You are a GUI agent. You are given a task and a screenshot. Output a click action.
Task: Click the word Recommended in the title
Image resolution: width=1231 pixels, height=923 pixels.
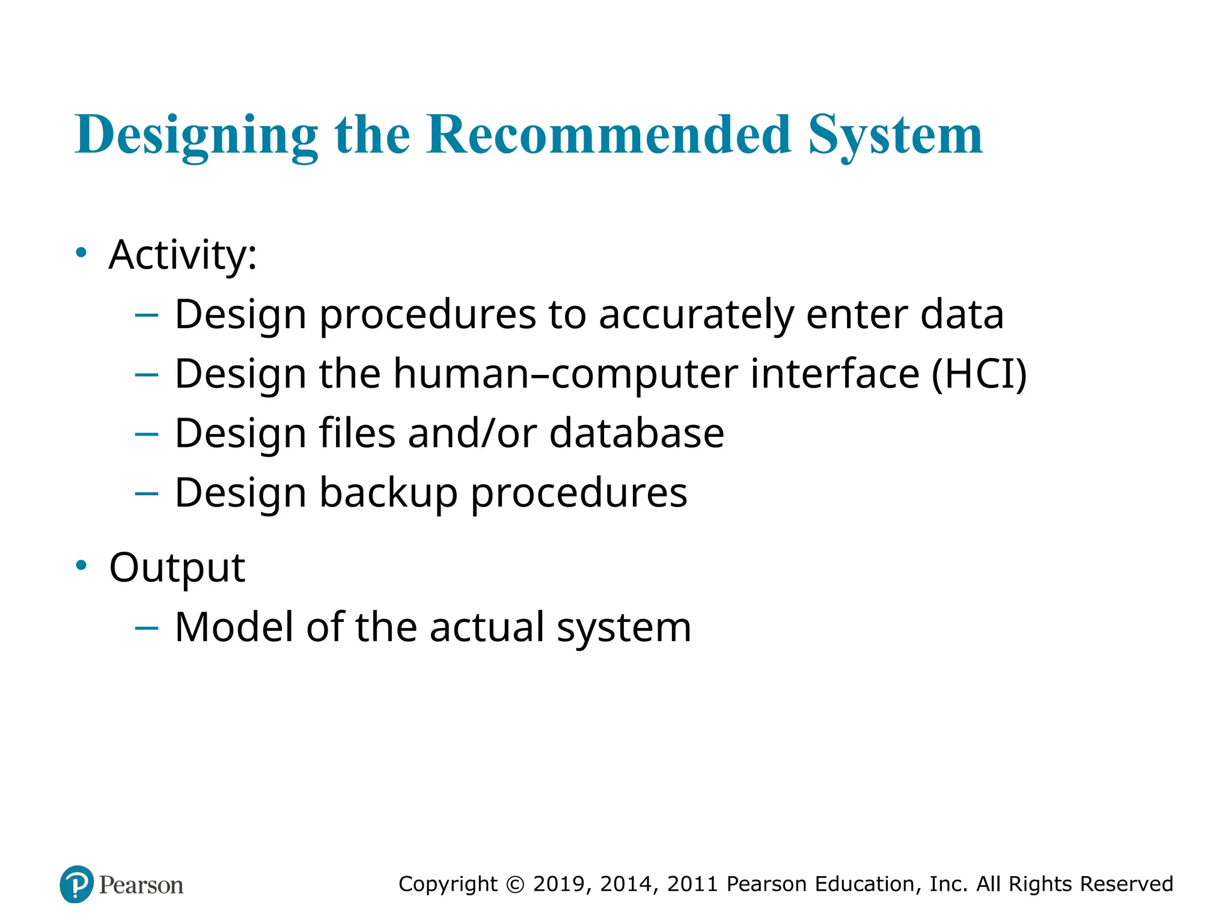tap(608, 135)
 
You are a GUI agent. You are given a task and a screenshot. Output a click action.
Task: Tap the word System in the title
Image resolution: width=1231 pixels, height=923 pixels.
tap(895, 136)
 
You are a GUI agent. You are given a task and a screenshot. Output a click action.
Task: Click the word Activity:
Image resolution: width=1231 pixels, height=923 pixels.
tap(183, 255)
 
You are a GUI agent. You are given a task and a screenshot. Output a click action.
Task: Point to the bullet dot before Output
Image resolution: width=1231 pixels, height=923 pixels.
tap(81, 565)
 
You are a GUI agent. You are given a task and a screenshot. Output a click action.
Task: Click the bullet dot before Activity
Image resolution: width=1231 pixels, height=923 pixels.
tap(81, 253)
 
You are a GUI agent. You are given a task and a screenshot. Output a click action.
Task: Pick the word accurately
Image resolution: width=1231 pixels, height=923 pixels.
tap(695, 315)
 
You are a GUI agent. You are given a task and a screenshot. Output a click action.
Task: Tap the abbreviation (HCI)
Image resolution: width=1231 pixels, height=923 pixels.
tap(979, 374)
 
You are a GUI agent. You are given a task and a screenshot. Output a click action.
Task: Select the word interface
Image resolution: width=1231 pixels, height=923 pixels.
tap(835, 374)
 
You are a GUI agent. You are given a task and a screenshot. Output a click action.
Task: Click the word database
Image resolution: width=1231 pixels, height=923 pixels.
tap(637, 433)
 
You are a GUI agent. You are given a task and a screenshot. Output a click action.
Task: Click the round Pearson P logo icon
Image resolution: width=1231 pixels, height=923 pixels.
tap(77, 884)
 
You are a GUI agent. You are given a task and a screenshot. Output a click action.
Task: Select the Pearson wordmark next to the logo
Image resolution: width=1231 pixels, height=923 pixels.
tap(141, 885)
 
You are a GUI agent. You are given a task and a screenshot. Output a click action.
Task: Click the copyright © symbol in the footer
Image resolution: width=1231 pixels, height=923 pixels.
tap(515, 885)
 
